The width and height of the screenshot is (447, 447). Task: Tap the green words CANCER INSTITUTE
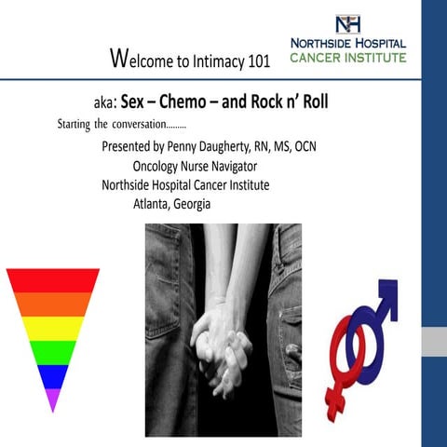pos(347,58)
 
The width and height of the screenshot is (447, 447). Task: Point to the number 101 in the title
pos(257,63)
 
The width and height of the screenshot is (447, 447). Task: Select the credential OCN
pos(323,147)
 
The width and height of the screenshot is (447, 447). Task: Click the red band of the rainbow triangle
pos(52,279)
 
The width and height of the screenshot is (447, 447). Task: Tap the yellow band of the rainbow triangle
pos(52,329)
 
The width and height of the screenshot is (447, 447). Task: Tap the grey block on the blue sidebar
pos(433,342)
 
